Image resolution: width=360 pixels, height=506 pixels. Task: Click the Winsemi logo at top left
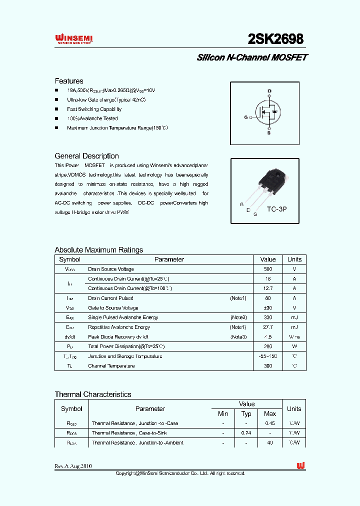coord(73,39)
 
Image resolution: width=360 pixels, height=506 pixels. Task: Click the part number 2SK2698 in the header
coord(275,39)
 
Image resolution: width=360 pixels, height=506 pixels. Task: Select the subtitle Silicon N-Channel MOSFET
coord(251,57)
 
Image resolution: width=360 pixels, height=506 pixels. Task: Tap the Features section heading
coord(69,81)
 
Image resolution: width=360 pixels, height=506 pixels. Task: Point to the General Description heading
coord(86,156)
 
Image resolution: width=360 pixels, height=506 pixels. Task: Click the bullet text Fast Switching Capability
coord(94,109)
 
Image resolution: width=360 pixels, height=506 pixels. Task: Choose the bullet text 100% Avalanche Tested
coord(92,118)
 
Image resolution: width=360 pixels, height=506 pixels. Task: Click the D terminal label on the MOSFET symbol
coord(269,91)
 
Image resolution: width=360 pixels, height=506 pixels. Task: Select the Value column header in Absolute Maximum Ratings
coord(268,259)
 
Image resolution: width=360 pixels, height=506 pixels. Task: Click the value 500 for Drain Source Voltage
coord(268,269)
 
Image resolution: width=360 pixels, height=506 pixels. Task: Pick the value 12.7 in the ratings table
coord(268,288)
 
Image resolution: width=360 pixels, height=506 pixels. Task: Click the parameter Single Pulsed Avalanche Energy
coord(123,317)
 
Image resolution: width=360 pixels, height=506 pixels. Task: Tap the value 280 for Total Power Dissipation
coord(268,346)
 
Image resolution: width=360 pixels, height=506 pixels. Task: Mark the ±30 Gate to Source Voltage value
coord(268,308)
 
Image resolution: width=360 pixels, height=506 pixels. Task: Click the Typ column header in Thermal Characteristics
coord(246,413)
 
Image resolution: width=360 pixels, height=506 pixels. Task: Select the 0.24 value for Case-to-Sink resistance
coord(246,433)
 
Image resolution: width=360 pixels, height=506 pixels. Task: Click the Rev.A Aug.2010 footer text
coord(73,466)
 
